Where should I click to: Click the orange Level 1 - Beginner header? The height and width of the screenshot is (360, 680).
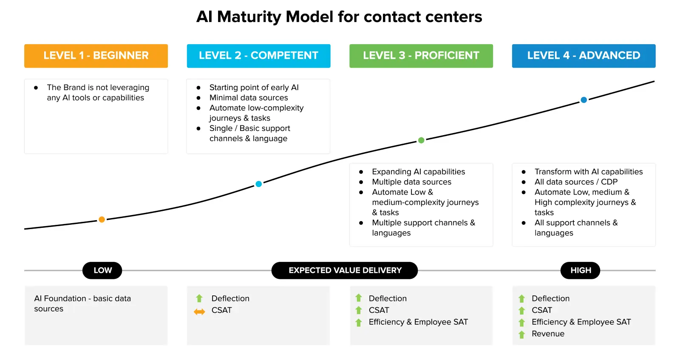click(x=96, y=56)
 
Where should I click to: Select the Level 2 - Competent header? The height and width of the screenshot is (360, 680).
click(x=258, y=56)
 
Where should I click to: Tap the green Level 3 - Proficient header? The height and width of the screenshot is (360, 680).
click(x=421, y=56)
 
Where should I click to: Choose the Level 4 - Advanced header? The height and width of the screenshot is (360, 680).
click(x=584, y=56)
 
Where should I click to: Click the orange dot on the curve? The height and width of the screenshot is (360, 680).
click(x=102, y=219)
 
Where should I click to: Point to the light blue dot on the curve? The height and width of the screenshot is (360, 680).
click(x=258, y=184)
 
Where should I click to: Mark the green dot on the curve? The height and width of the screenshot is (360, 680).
click(x=421, y=140)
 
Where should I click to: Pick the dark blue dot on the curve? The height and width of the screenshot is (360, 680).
click(x=584, y=100)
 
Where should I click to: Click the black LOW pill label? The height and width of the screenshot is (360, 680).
click(x=102, y=270)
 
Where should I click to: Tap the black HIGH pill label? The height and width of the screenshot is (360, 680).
click(x=580, y=270)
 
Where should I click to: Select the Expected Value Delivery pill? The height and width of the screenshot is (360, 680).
click(x=345, y=270)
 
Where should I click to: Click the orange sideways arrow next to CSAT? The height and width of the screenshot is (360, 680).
click(x=199, y=312)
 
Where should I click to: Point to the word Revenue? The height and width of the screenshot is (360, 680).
click(x=548, y=334)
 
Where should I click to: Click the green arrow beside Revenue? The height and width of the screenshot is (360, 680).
click(x=522, y=334)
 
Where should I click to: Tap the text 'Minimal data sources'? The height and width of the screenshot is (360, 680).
click(x=249, y=98)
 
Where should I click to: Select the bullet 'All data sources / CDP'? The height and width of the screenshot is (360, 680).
click(x=576, y=182)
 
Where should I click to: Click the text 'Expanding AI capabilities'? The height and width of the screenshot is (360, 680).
click(x=418, y=172)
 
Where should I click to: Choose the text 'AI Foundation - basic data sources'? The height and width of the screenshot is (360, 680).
click(x=82, y=303)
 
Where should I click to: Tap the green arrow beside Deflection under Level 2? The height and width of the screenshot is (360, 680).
click(x=199, y=298)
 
